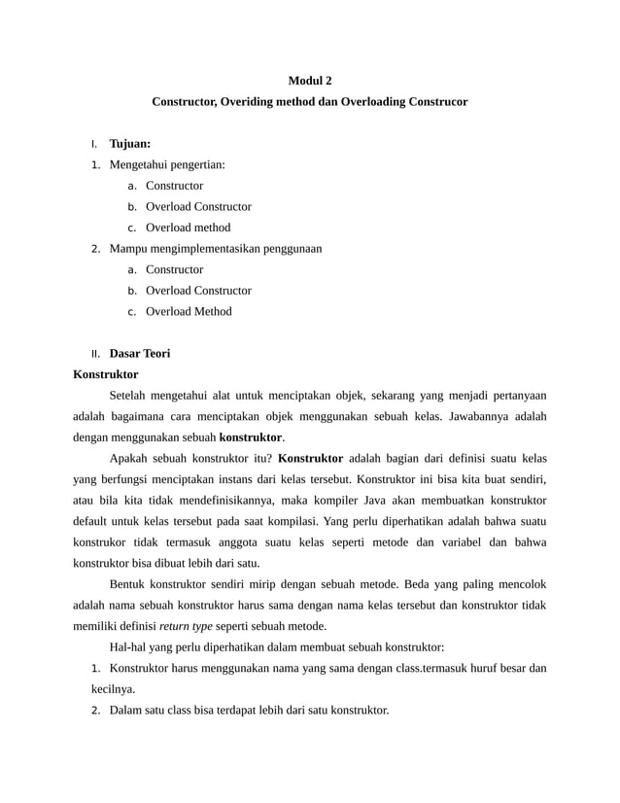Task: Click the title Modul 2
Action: [309, 80]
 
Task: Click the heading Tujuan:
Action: [129, 144]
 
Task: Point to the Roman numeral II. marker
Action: [95, 354]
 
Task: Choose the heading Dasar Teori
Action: [139, 354]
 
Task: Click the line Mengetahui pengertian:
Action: [167, 164]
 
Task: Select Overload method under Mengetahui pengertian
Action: [188, 227]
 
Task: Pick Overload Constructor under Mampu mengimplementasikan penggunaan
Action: [198, 291]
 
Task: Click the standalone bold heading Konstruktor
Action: [106, 374]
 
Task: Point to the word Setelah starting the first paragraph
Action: [129, 396]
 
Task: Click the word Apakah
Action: [129, 458]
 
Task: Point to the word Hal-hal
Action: [129, 647]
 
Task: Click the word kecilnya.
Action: [114, 689]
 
